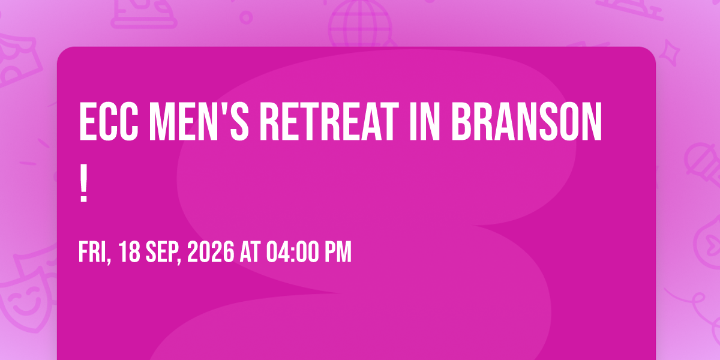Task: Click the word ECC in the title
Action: pyautogui.click(x=109, y=121)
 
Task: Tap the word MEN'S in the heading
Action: pyautogui.click(x=199, y=121)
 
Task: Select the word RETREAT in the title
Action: pyautogui.click(x=329, y=121)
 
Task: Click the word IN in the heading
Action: pyautogui.click(x=424, y=121)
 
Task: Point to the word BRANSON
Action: pyautogui.click(x=527, y=121)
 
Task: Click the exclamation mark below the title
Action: pyautogui.click(x=83, y=183)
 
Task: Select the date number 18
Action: pyautogui.click(x=129, y=252)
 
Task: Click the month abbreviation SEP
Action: pyautogui.click(x=163, y=253)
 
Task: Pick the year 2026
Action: pyautogui.click(x=211, y=252)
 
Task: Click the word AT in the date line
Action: pyautogui.click(x=250, y=252)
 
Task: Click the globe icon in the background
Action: pyautogui.click(x=361, y=23)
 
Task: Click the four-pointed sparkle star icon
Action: pyautogui.click(x=670, y=53)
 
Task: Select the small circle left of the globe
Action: pyautogui.click(x=246, y=17)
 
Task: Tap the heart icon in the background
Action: pyautogui.click(x=712, y=244)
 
